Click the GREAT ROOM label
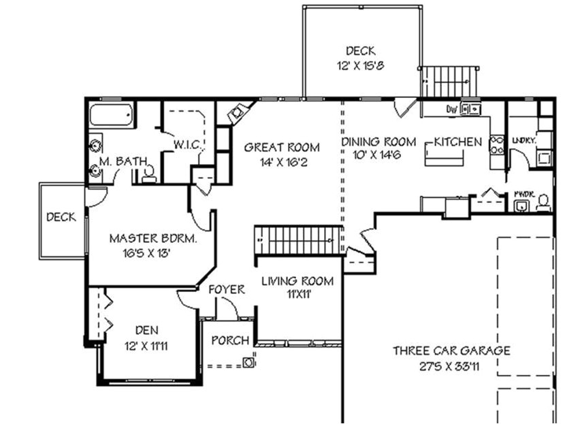click(282, 147)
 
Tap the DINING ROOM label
click(378, 142)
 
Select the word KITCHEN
click(458, 142)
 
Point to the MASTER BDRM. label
click(153, 239)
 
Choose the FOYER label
click(227, 290)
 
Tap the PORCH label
click(229, 340)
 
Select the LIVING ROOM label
click(298, 281)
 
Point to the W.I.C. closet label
click(186, 145)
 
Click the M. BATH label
click(122, 161)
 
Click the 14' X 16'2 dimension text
click(282, 162)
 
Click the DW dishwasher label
click(451, 108)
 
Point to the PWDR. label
click(523, 193)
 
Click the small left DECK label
click(61, 218)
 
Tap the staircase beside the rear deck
click(448, 83)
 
